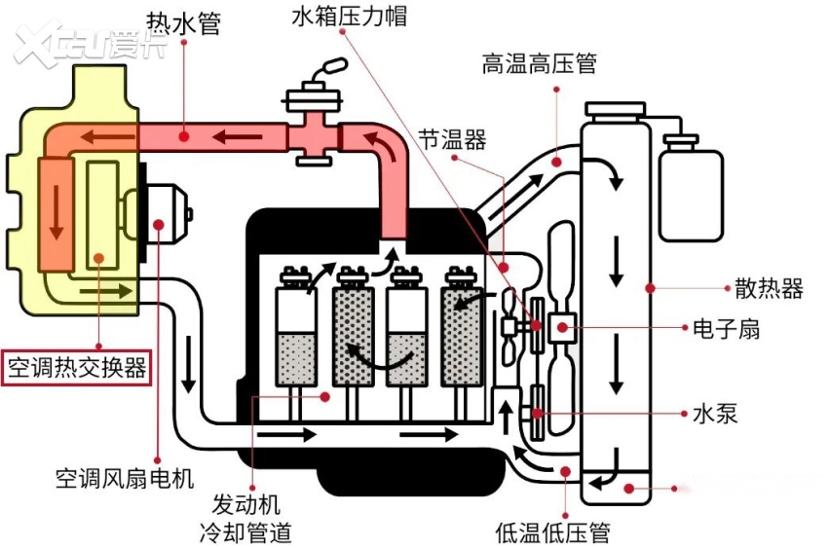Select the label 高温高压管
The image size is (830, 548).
(x=539, y=64)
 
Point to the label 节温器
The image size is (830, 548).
(x=451, y=140)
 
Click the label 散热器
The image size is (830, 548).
(x=769, y=288)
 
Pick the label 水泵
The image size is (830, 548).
(x=715, y=414)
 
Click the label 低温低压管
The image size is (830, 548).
(x=551, y=532)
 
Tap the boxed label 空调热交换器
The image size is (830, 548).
(x=77, y=368)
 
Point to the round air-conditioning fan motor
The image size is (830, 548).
(x=165, y=217)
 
